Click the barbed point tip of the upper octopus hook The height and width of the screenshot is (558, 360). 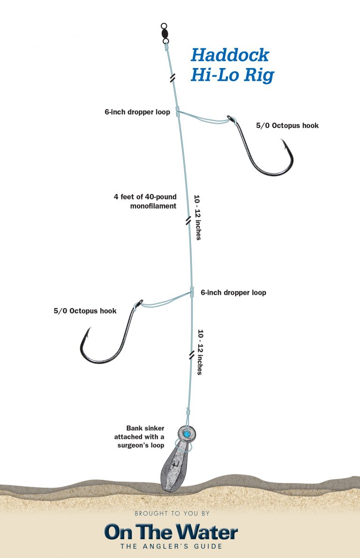(x=282, y=139)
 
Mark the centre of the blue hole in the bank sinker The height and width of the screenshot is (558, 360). (x=186, y=434)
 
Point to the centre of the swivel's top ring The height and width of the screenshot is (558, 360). (x=164, y=26)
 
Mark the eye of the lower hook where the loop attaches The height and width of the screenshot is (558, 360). (x=139, y=303)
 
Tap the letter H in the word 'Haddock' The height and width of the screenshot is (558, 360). (x=199, y=55)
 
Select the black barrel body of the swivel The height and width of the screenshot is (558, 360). (x=165, y=33)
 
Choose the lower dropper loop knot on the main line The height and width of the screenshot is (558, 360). (x=192, y=292)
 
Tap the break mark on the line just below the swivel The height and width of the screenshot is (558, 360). (x=172, y=78)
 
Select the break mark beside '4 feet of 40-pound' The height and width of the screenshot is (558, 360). (x=188, y=221)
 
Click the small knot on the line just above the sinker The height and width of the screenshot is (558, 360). (x=188, y=413)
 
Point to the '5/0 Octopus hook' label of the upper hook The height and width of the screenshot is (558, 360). (x=287, y=125)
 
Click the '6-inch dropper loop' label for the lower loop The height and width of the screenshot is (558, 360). (x=233, y=293)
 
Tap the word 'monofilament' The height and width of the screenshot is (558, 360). (x=153, y=206)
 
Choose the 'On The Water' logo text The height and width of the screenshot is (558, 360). (x=171, y=532)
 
